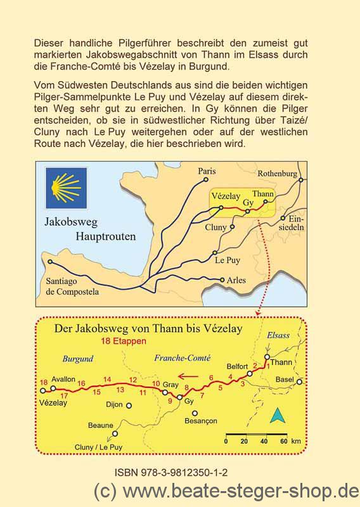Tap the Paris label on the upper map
tap(207, 171)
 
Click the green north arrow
tap(276, 415)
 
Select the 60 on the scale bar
tap(283, 442)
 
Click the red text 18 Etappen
tap(123, 341)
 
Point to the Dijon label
tap(114, 404)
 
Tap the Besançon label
tap(200, 420)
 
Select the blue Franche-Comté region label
tap(182, 358)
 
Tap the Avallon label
tap(63, 378)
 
